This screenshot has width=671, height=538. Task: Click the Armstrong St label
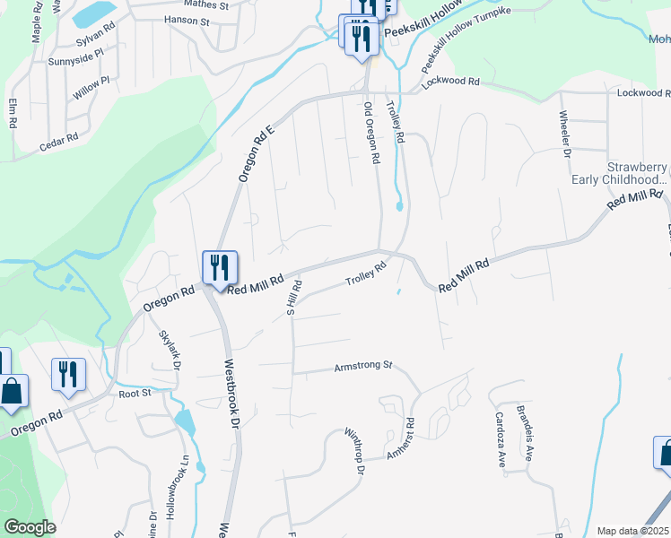363,366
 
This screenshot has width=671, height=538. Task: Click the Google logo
30,526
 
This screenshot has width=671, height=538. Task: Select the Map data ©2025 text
633,531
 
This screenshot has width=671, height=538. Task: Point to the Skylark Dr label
170,350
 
